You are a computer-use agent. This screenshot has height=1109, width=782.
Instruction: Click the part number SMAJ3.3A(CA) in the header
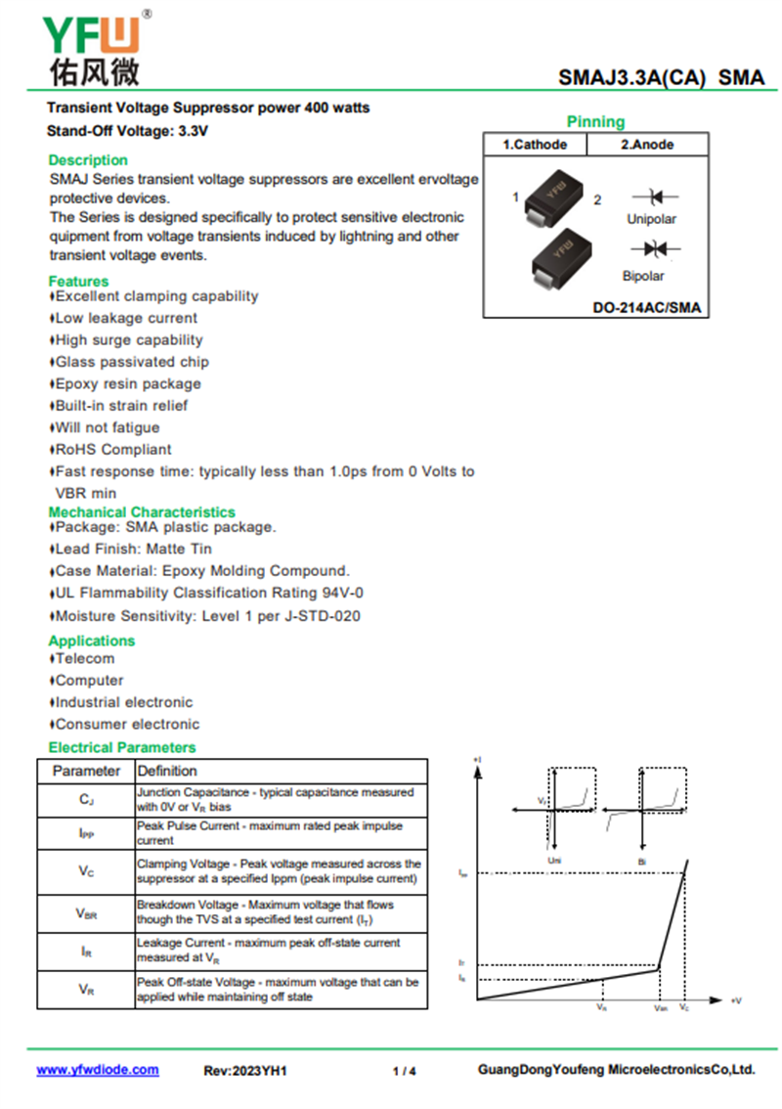tap(631, 78)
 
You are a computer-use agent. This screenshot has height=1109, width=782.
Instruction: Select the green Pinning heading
tap(595, 122)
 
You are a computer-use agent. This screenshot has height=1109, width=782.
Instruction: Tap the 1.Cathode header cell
tap(535, 145)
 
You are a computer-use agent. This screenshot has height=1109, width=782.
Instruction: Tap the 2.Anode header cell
tap(647, 145)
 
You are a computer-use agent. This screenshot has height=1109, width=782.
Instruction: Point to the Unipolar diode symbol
tap(651, 198)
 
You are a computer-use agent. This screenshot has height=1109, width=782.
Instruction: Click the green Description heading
tap(88, 160)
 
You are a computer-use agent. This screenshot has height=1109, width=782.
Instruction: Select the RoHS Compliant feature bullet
tap(112, 450)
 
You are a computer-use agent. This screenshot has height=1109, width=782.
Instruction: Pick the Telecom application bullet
tap(84, 659)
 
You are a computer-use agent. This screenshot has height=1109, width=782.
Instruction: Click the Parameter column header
tap(86, 771)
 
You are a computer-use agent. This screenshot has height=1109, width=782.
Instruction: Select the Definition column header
tap(167, 771)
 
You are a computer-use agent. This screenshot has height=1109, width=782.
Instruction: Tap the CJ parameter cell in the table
tap(86, 800)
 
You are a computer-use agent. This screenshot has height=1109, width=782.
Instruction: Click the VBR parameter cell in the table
tap(86, 913)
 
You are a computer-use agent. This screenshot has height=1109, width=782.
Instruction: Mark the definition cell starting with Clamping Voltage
tap(280, 871)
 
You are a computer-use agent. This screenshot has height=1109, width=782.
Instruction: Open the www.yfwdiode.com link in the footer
tap(98, 1070)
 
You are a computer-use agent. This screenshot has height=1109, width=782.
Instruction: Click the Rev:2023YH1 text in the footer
tap(245, 1071)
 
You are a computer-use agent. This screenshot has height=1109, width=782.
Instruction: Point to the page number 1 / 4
tap(404, 1071)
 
